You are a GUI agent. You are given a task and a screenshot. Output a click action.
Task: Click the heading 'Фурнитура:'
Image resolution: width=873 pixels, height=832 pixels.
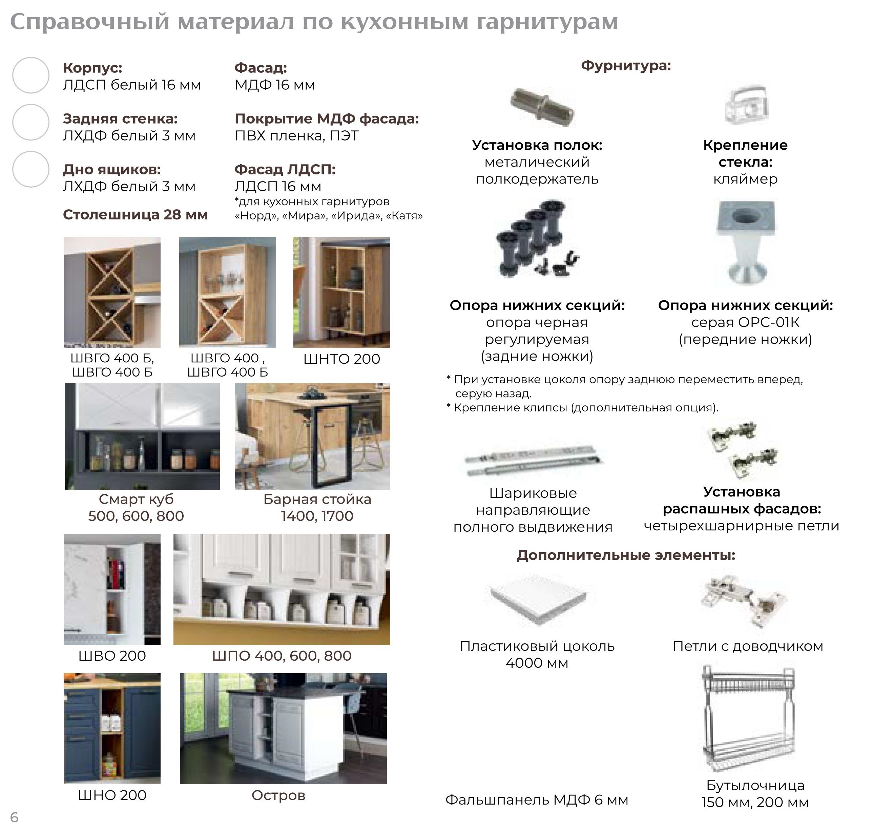coord(625,66)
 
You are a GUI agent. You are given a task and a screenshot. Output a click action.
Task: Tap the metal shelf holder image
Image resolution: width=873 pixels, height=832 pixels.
coord(542,107)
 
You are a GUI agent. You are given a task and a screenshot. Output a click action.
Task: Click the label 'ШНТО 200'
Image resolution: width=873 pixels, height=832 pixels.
coord(341,359)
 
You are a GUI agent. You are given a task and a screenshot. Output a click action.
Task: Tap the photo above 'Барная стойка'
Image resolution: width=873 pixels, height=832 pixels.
coord(312,436)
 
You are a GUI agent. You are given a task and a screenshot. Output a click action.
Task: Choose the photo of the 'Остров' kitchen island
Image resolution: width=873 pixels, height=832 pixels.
coord(283,728)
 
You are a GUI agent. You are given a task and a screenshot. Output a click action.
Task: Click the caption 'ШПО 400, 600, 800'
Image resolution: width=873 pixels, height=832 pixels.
coord(282,656)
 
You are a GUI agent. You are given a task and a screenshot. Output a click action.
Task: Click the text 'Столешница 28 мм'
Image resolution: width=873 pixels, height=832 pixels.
coord(135,215)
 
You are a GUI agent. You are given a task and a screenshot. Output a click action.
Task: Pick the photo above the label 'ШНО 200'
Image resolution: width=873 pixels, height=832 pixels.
coord(112,728)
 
